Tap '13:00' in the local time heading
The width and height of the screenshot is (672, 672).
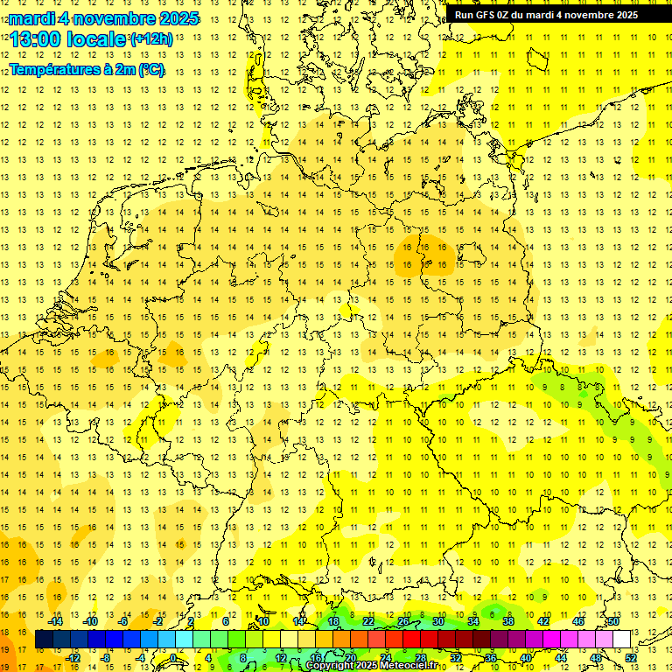point(35,39)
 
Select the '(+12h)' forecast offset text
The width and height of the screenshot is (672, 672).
point(151,39)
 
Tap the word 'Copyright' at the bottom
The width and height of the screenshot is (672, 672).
point(330,666)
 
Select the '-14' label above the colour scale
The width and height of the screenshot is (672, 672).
point(55,621)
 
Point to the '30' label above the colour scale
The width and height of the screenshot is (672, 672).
point(437,621)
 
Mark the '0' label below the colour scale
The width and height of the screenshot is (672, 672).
point(173,658)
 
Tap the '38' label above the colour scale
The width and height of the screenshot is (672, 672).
point(507,621)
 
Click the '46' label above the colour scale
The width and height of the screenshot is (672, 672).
point(577,621)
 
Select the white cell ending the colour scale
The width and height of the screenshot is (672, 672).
point(621,640)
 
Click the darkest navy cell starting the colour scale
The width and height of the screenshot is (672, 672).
point(44,640)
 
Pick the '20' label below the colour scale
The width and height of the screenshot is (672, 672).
point(350,658)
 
